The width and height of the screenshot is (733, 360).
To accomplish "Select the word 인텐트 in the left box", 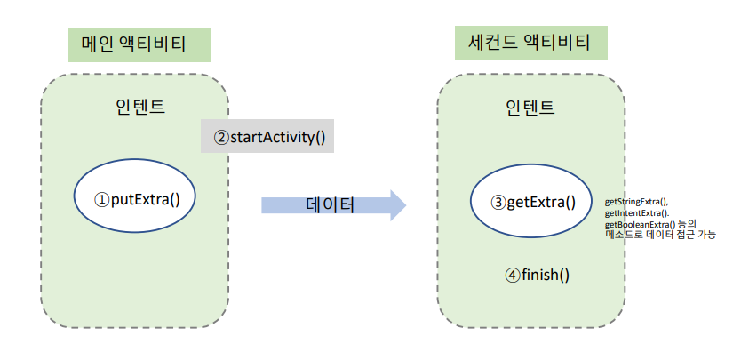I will pos(139,107).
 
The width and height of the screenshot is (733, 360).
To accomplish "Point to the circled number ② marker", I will pos(221,138).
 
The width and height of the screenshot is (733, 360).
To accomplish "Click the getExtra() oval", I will pos(532,203).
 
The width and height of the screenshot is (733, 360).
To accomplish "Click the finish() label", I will pos(545,275).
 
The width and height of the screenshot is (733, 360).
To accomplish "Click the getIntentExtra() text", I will pos(636,214).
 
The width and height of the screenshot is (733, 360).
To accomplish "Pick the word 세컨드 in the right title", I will pos(493,41).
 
